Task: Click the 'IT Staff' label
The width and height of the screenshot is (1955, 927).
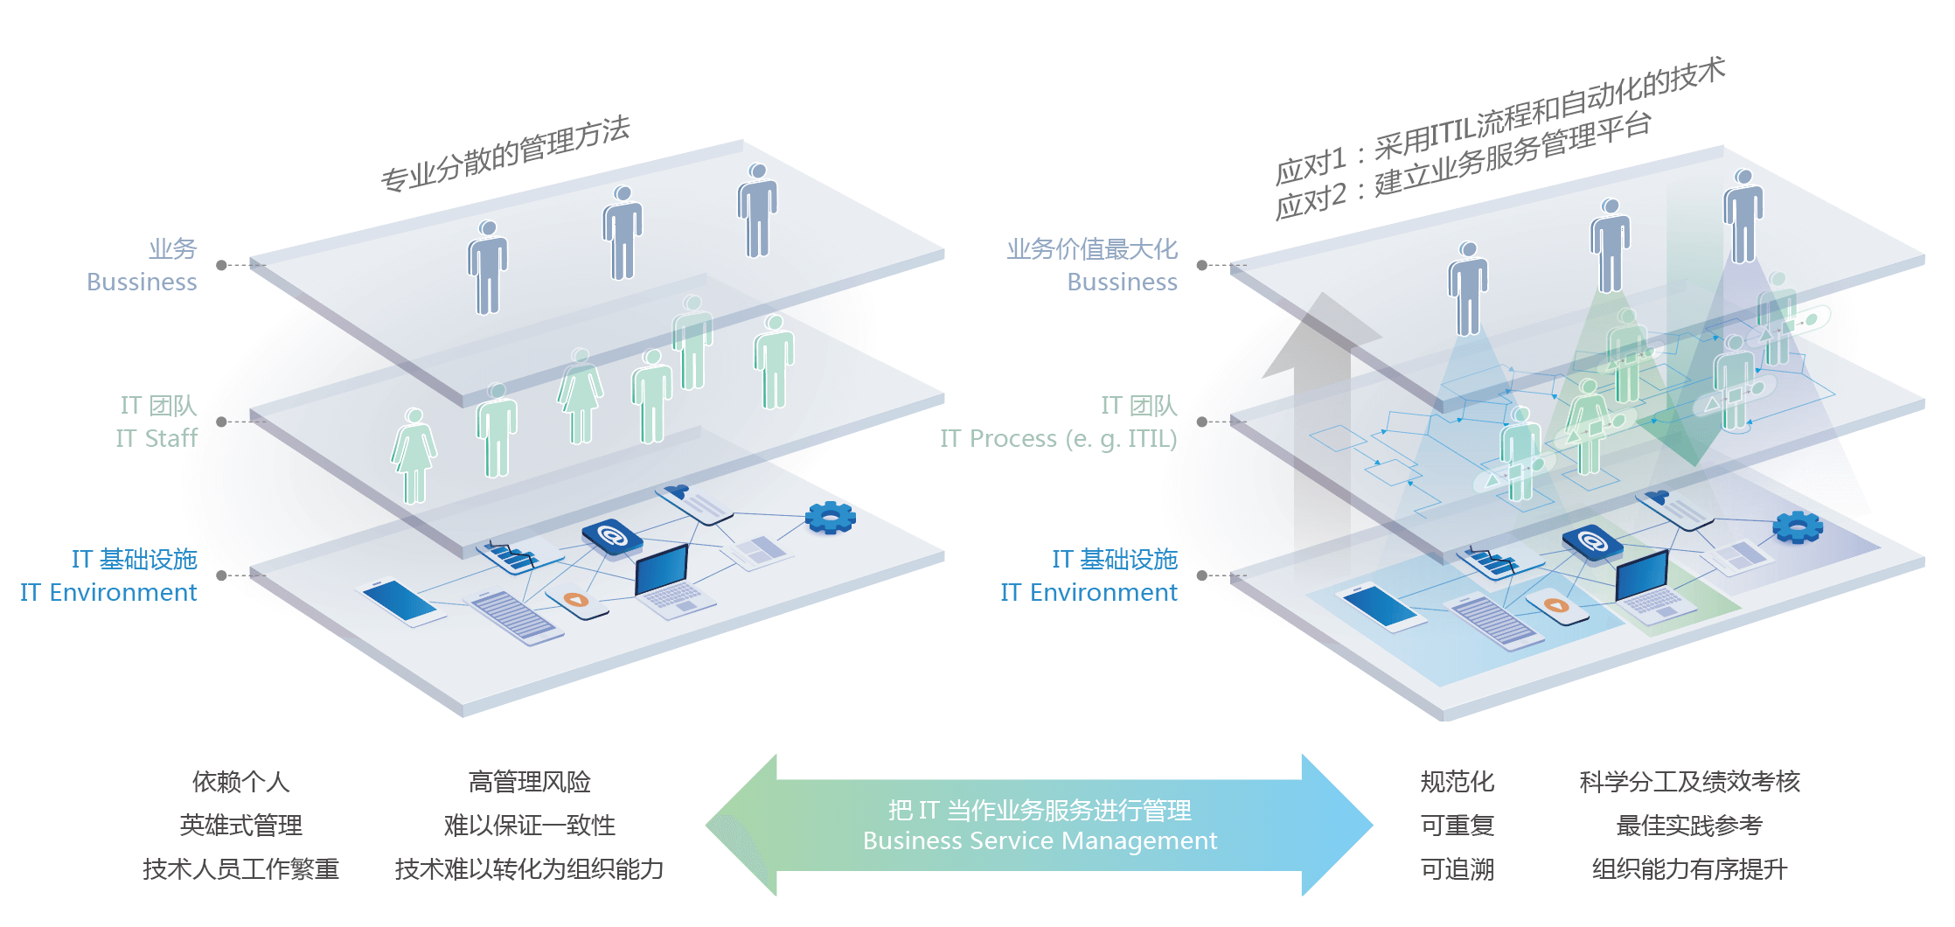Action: coord(157,438)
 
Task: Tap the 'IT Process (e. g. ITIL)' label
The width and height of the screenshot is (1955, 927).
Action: coord(1058,438)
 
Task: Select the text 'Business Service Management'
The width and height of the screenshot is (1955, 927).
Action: coord(1039,841)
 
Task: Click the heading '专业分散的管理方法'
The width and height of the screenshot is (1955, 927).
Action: coord(505,153)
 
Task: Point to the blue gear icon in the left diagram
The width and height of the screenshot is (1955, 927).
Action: coord(830,518)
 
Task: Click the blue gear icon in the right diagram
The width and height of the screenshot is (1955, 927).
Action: coord(1797,526)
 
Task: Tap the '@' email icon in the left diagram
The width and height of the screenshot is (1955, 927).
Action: coord(612,536)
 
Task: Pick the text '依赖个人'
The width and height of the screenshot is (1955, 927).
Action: coord(240,782)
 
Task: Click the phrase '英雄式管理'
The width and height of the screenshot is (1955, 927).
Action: coord(240,826)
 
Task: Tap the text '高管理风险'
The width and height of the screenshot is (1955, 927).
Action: coord(529,782)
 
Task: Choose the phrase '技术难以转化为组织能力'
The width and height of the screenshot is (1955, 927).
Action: coord(529,869)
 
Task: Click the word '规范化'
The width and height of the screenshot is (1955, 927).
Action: coord(1457,782)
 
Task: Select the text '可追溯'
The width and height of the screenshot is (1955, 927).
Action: coord(1457,869)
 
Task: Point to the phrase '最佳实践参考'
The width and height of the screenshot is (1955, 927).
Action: coord(1688,826)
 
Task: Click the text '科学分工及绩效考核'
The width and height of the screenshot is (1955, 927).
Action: coord(1688,782)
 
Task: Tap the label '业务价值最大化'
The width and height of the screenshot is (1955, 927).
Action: coord(1091,249)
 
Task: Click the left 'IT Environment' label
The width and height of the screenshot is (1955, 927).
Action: coord(108,593)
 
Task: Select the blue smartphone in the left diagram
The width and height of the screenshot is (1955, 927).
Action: coord(400,602)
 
